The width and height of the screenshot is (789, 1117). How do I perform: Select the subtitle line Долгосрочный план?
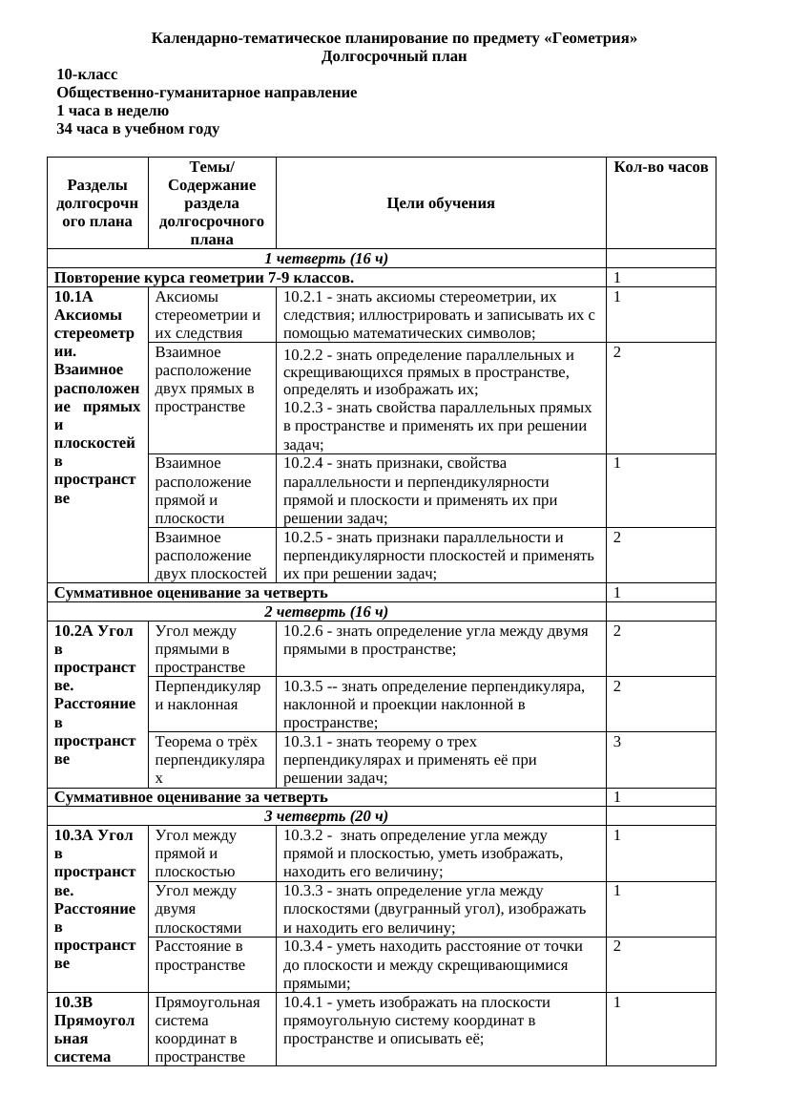(393, 56)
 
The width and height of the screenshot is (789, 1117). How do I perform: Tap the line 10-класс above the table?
(88, 74)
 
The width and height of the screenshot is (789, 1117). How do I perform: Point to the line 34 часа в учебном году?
(137, 129)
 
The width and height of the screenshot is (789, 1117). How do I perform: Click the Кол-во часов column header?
(660, 167)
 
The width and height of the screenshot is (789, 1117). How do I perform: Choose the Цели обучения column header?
(441, 202)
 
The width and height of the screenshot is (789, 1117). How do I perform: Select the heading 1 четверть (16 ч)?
(325, 259)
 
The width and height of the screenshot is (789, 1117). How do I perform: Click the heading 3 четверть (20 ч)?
(325, 815)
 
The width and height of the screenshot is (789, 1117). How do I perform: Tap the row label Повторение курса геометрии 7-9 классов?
(204, 278)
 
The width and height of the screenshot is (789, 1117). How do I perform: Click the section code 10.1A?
(74, 297)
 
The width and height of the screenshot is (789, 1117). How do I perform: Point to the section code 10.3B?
(73, 1002)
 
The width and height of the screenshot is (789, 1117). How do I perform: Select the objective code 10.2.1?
(303, 297)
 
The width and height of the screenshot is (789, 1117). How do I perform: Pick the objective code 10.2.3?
(303, 408)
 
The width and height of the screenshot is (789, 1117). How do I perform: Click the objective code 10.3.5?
(303, 686)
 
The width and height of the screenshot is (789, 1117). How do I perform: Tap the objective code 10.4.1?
(303, 1002)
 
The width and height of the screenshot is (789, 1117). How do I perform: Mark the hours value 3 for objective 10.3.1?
(617, 742)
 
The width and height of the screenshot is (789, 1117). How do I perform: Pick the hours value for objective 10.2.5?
(617, 537)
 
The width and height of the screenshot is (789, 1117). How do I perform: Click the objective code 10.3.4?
(303, 946)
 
